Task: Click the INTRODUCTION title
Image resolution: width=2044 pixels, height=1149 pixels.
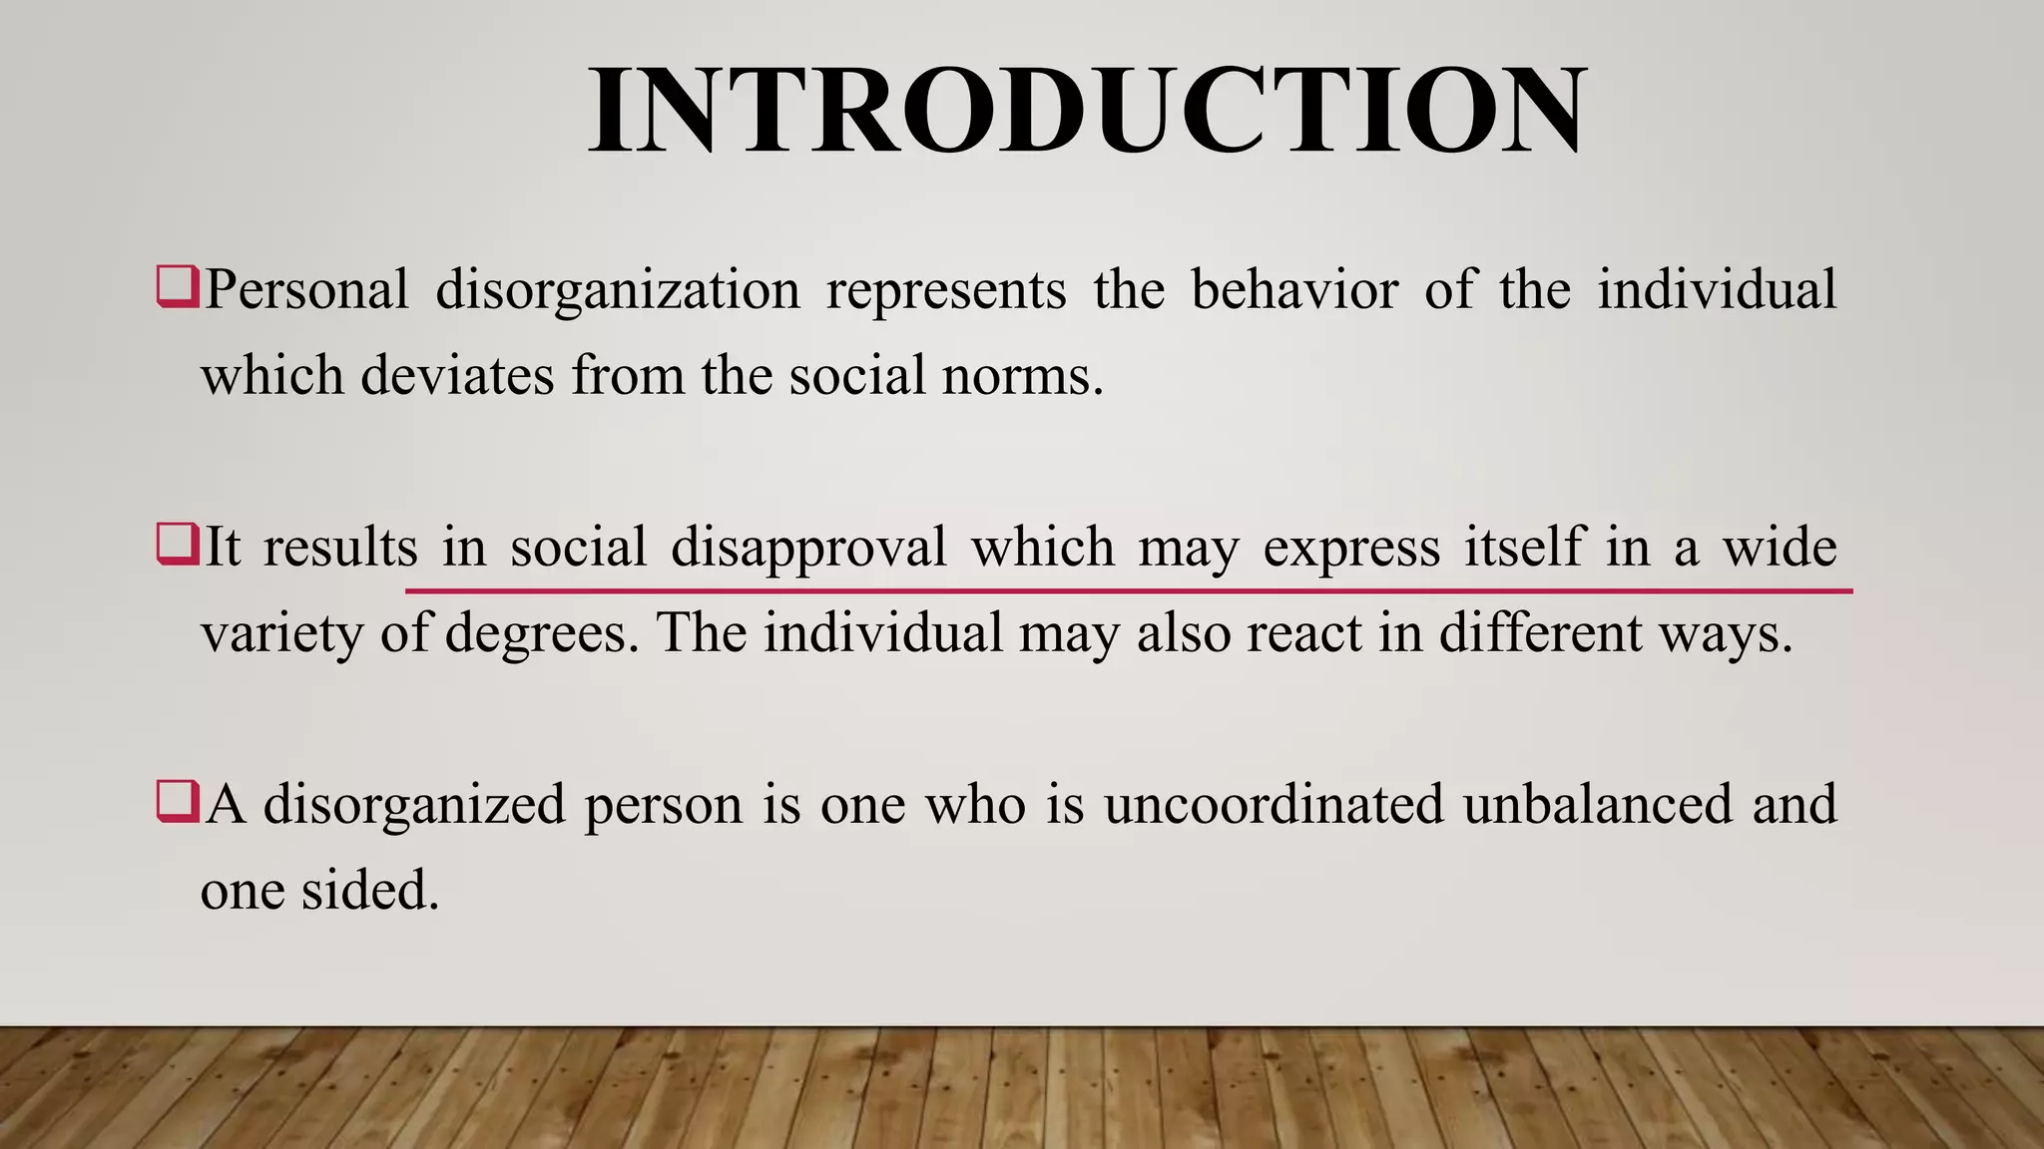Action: click(x=1086, y=110)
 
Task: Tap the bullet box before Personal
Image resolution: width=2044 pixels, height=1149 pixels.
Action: click(x=178, y=288)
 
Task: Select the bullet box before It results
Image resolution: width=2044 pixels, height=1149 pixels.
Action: click(x=178, y=546)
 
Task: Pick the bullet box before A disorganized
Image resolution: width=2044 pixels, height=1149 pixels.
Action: click(x=178, y=803)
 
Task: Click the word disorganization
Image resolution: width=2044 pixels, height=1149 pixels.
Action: click(x=618, y=291)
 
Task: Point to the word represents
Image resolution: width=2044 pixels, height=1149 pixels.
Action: click(x=946, y=291)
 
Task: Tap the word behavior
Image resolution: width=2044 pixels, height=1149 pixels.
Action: click(x=1294, y=289)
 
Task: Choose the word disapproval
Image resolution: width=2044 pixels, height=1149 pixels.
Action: click(x=808, y=549)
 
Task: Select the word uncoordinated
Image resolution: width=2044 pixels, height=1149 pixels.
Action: click(x=1274, y=804)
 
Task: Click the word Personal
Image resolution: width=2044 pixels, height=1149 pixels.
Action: click(x=306, y=289)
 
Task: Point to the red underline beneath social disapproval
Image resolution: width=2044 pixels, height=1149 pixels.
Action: click(x=1128, y=591)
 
